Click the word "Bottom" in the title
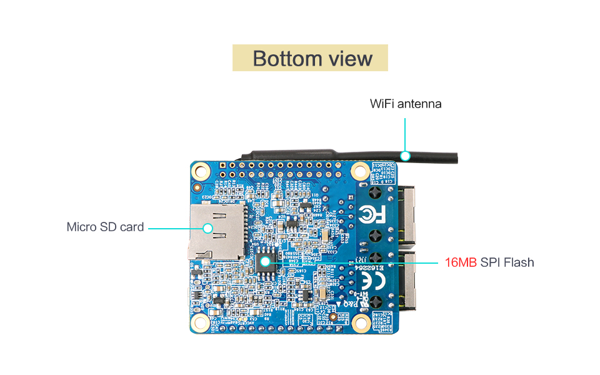283,58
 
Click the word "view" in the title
349,58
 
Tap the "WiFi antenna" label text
406,104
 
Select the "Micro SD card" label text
105,227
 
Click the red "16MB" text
461,262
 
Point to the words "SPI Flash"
507,262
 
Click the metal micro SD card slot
216,232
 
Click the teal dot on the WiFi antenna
406,155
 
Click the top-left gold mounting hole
201,170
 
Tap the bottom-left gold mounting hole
201,322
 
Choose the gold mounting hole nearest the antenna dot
360,170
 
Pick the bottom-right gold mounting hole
360,322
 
